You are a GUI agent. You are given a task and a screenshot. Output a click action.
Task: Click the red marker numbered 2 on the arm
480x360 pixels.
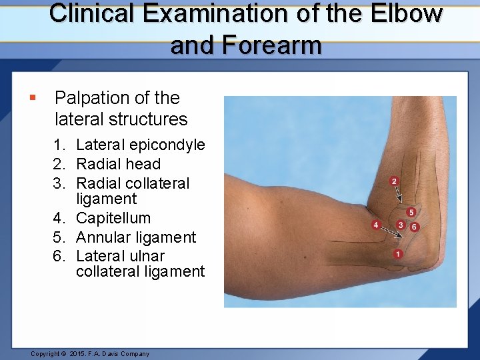pyautogui.click(x=394, y=181)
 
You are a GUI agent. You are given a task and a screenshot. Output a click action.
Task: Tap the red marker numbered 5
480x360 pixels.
pyautogui.click(x=411, y=212)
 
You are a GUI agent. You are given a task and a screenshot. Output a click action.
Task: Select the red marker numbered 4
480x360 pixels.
pyautogui.click(x=376, y=225)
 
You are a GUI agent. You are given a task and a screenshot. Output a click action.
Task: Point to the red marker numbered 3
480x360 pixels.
pyautogui.click(x=400, y=225)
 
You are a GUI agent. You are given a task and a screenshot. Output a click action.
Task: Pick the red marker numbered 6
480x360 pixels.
pyautogui.click(x=415, y=227)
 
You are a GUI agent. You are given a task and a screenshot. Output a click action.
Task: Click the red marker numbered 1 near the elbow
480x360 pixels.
pyautogui.click(x=398, y=254)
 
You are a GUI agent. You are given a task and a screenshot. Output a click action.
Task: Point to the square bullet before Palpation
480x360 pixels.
pyautogui.click(x=33, y=99)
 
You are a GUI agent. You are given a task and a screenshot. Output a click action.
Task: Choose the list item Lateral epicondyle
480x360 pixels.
pyautogui.click(x=140, y=145)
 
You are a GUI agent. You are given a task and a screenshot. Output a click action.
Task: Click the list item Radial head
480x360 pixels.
pyautogui.click(x=118, y=164)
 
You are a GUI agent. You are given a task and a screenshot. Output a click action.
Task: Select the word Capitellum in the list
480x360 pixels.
pyautogui.click(x=113, y=218)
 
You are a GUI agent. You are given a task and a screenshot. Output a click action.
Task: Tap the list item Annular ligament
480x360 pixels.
pyautogui.click(x=136, y=237)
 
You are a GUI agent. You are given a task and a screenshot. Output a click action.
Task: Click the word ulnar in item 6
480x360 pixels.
pyautogui.click(x=147, y=256)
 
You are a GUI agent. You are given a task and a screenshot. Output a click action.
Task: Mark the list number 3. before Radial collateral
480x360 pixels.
pyautogui.click(x=63, y=183)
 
